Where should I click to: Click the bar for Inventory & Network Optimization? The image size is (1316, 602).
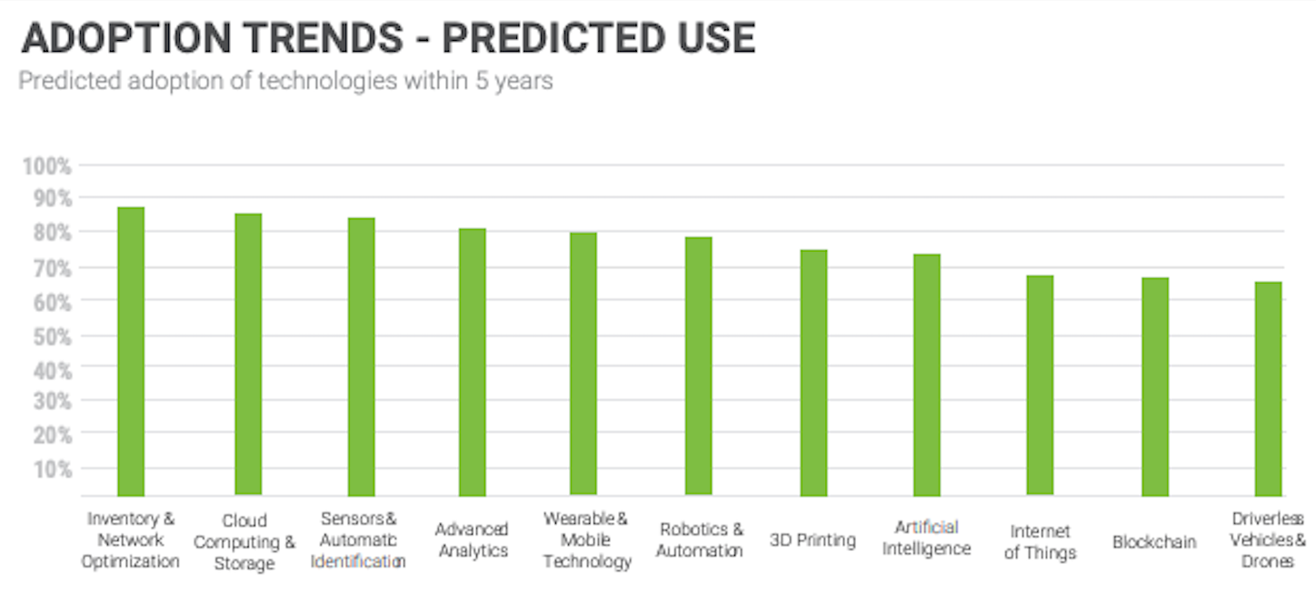point(131,352)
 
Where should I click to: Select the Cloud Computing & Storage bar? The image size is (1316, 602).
point(248,355)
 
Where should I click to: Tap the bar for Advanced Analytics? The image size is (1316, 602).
point(473,362)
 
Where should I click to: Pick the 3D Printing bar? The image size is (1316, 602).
point(813,373)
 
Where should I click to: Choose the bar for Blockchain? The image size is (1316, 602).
point(1155,386)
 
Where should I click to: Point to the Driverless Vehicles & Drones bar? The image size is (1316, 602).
point(1269,388)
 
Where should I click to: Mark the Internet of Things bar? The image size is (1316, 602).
point(1040,386)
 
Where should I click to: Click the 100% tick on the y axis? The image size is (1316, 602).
point(46,166)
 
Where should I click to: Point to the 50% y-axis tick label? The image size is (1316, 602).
point(53,336)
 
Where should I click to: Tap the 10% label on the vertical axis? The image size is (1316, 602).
point(53,470)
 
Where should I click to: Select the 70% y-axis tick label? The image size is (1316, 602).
point(53,268)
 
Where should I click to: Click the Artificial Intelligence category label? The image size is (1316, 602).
point(926,538)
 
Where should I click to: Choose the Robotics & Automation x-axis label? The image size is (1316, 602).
point(700,539)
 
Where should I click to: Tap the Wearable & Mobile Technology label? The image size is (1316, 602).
point(586,539)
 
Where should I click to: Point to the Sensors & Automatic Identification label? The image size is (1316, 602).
point(358,539)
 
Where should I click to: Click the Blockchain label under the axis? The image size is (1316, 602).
point(1154,541)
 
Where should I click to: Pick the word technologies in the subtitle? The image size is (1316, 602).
point(328,81)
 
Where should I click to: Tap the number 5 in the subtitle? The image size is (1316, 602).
point(482,81)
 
